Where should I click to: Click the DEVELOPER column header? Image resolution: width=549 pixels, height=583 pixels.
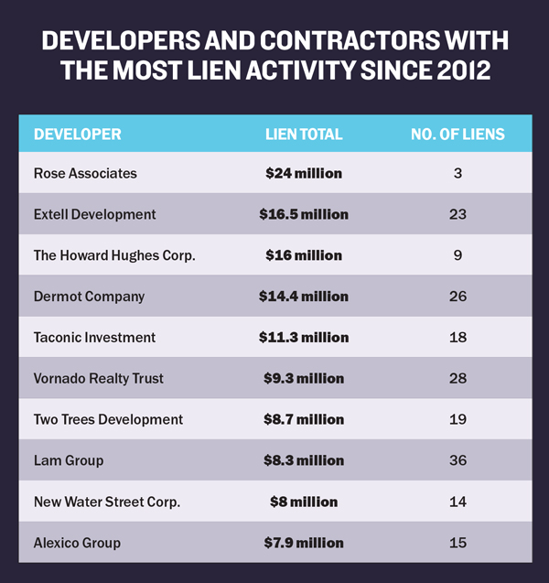pyautogui.click(x=77, y=135)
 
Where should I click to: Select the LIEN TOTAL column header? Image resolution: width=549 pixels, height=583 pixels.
pyautogui.click(x=304, y=135)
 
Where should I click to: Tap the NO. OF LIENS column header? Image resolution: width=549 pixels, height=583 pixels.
pyautogui.click(x=457, y=135)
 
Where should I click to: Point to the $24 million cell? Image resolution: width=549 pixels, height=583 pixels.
pyautogui.click(x=304, y=173)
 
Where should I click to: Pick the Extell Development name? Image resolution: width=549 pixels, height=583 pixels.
pyautogui.click(x=94, y=214)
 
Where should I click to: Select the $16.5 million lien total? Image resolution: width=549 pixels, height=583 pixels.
pyautogui.click(x=304, y=214)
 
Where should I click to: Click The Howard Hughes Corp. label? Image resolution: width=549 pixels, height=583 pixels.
pyautogui.click(x=114, y=255)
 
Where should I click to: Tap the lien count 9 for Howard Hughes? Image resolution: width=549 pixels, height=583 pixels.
pyautogui.click(x=457, y=255)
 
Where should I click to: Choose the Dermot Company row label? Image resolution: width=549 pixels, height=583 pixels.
pyautogui.click(x=89, y=297)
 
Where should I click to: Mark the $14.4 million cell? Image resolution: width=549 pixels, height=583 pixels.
pyautogui.click(x=304, y=297)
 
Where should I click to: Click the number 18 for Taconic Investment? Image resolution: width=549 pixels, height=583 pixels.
pyautogui.click(x=457, y=338)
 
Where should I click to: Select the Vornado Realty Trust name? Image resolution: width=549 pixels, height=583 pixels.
pyautogui.click(x=100, y=379)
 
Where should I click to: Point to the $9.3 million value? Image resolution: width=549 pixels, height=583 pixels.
pyautogui.click(x=304, y=379)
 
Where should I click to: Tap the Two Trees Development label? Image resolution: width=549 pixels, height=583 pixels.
pyautogui.click(x=108, y=419)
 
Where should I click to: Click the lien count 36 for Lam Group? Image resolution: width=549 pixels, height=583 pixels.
pyautogui.click(x=457, y=460)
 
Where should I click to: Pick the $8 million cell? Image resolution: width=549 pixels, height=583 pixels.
pyautogui.click(x=304, y=502)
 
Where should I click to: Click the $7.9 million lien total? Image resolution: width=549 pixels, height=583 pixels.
pyautogui.click(x=304, y=543)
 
